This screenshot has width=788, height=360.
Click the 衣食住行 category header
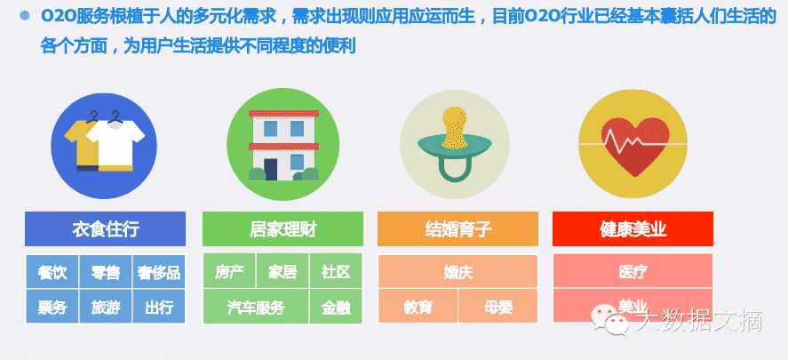point(105,229)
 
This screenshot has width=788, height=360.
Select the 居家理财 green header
point(283,229)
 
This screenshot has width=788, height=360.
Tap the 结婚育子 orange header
point(458,229)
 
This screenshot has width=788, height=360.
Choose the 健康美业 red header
point(633,229)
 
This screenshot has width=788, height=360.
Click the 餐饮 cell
point(52,272)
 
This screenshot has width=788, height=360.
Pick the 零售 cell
point(106,272)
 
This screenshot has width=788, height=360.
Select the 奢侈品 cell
point(159,272)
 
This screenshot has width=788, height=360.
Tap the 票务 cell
point(52,308)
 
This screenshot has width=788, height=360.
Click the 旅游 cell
point(106,308)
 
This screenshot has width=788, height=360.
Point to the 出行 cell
point(159,308)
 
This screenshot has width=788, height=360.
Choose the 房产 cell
point(229,272)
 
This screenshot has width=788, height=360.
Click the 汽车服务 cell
point(256,308)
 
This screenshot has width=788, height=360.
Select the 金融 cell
point(336,308)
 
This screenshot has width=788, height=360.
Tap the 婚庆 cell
point(458,272)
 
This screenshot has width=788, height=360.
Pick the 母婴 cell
point(497,308)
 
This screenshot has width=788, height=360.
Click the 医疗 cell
point(633,272)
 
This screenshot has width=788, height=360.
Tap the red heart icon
point(633,142)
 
